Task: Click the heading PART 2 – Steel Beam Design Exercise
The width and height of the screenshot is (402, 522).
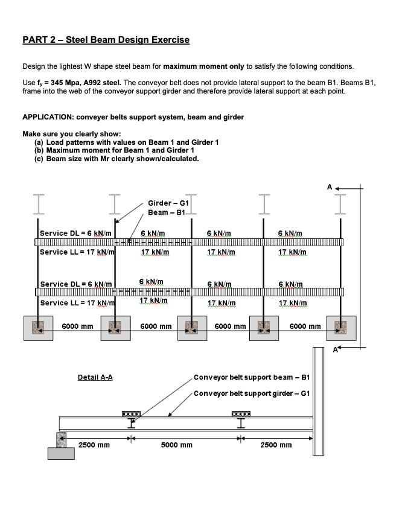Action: tap(106, 40)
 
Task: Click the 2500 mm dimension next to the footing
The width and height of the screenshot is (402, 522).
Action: tap(94, 445)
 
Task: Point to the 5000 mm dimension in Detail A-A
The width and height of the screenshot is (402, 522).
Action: tap(177, 445)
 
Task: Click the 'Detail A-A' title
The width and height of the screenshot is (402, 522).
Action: tap(95, 378)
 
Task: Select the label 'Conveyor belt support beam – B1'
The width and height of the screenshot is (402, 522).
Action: tap(252, 378)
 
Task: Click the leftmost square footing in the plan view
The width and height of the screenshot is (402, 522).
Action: tap(37, 327)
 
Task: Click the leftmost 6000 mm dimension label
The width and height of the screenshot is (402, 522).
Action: tap(77, 326)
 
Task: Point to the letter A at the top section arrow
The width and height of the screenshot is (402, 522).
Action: tap(330, 188)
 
